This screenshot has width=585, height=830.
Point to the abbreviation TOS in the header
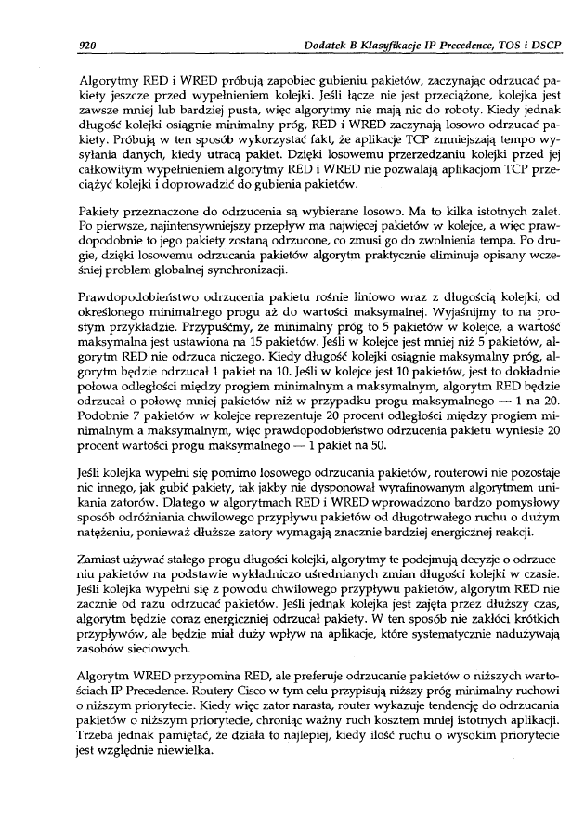click(501, 44)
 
